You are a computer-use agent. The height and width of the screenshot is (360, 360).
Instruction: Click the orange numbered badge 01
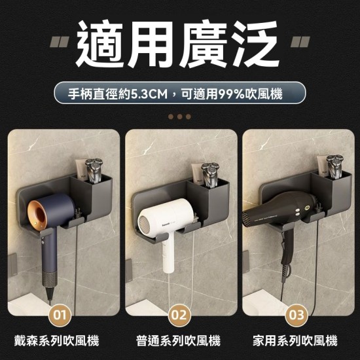point(60,315)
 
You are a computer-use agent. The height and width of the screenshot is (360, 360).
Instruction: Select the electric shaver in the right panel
point(334,166)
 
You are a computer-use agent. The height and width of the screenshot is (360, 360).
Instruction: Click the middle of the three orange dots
point(179,117)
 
